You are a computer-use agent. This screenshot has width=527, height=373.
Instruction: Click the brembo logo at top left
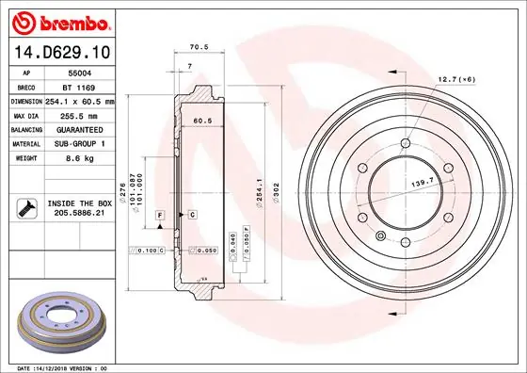pos(61,21)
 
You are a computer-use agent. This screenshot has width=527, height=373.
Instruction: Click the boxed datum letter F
pos(159,216)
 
